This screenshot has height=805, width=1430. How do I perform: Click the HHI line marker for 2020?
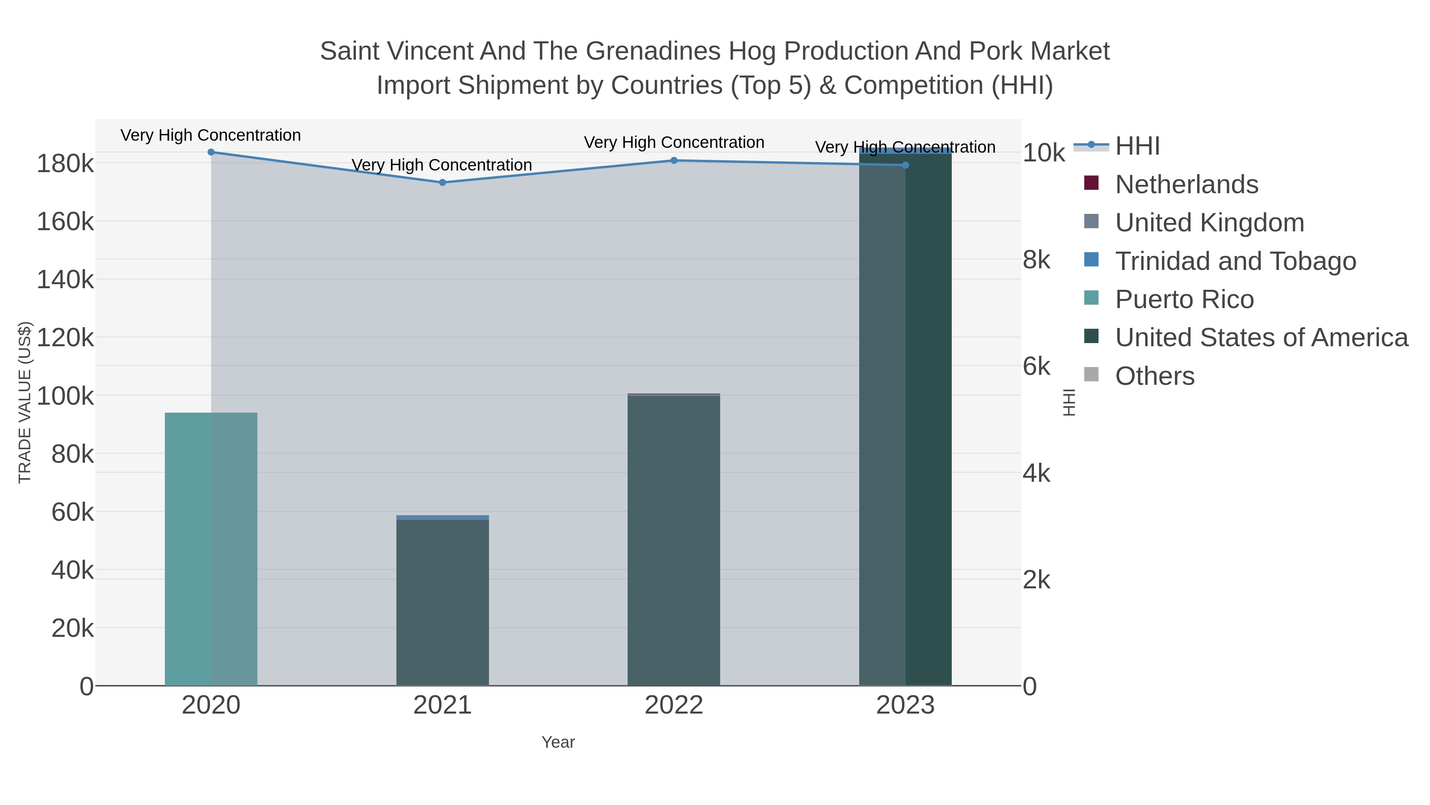(211, 152)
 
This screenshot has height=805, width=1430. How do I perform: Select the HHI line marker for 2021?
(443, 182)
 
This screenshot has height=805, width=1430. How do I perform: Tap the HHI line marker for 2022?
(674, 161)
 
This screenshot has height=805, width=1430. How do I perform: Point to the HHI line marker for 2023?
(905, 165)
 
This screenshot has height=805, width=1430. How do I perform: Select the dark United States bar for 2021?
(443, 602)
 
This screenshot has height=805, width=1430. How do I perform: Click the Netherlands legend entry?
(1186, 184)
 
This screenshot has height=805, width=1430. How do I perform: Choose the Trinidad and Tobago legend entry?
(1235, 261)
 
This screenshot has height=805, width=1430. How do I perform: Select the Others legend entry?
(1155, 376)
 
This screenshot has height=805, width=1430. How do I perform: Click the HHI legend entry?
(1137, 146)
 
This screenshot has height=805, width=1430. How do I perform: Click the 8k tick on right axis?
(1036, 260)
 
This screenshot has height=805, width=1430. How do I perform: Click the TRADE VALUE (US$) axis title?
(25, 402)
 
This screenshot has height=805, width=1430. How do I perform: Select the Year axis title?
(558, 742)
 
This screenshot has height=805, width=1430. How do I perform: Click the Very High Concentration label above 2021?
(442, 165)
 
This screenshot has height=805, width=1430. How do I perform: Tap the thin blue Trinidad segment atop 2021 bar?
(443, 518)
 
